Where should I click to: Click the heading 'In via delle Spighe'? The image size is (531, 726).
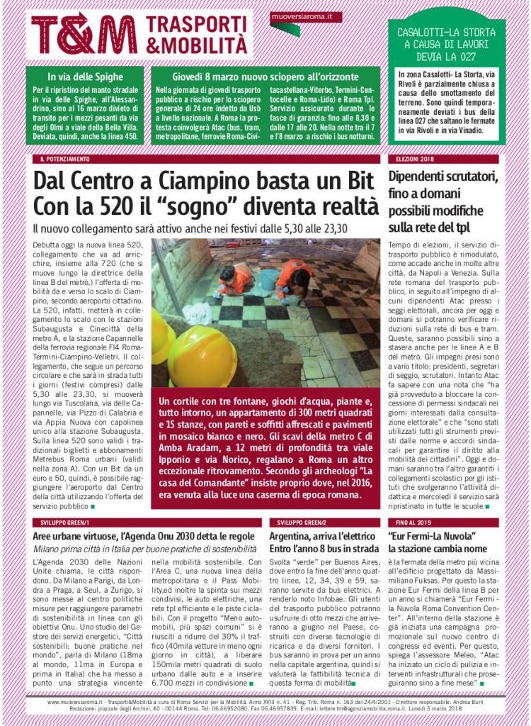(x=86, y=76)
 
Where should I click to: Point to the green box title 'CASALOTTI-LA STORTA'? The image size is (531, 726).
(x=447, y=33)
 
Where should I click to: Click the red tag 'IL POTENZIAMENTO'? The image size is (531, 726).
(x=64, y=160)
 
